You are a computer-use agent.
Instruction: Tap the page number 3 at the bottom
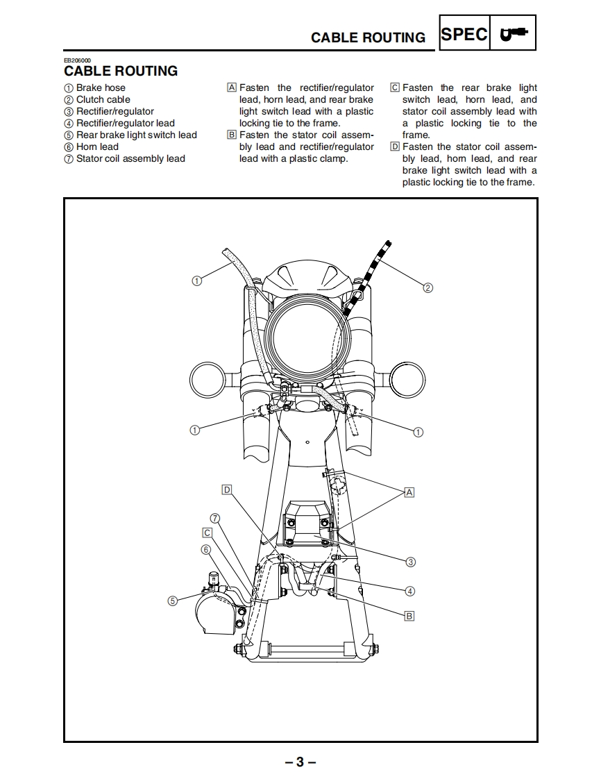tap(300, 762)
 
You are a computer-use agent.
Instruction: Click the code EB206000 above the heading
tap(77, 61)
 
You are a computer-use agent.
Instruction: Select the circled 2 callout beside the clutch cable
tap(428, 287)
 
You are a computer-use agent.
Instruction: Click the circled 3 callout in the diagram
tap(410, 562)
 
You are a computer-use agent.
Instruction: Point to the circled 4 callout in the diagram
tap(410, 591)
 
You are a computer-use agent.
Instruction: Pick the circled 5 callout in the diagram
tap(173, 601)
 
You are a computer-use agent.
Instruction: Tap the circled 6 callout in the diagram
tap(205, 549)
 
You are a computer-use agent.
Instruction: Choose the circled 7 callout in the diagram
tap(215, 518)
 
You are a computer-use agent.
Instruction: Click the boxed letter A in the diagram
tap(409, 492)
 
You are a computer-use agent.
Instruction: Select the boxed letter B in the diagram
tap(409, 615)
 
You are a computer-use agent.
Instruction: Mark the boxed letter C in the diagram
tap(206, 533)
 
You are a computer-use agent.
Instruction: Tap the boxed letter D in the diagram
tap(226, 490)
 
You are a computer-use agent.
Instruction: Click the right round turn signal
tap(407, 380)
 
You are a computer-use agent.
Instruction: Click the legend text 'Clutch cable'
tap(103, 99)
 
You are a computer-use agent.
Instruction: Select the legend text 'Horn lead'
tap(97, 146)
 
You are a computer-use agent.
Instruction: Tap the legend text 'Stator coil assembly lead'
tap(130, 158)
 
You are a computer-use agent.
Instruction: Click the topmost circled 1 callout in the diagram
tap(196, 280)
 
